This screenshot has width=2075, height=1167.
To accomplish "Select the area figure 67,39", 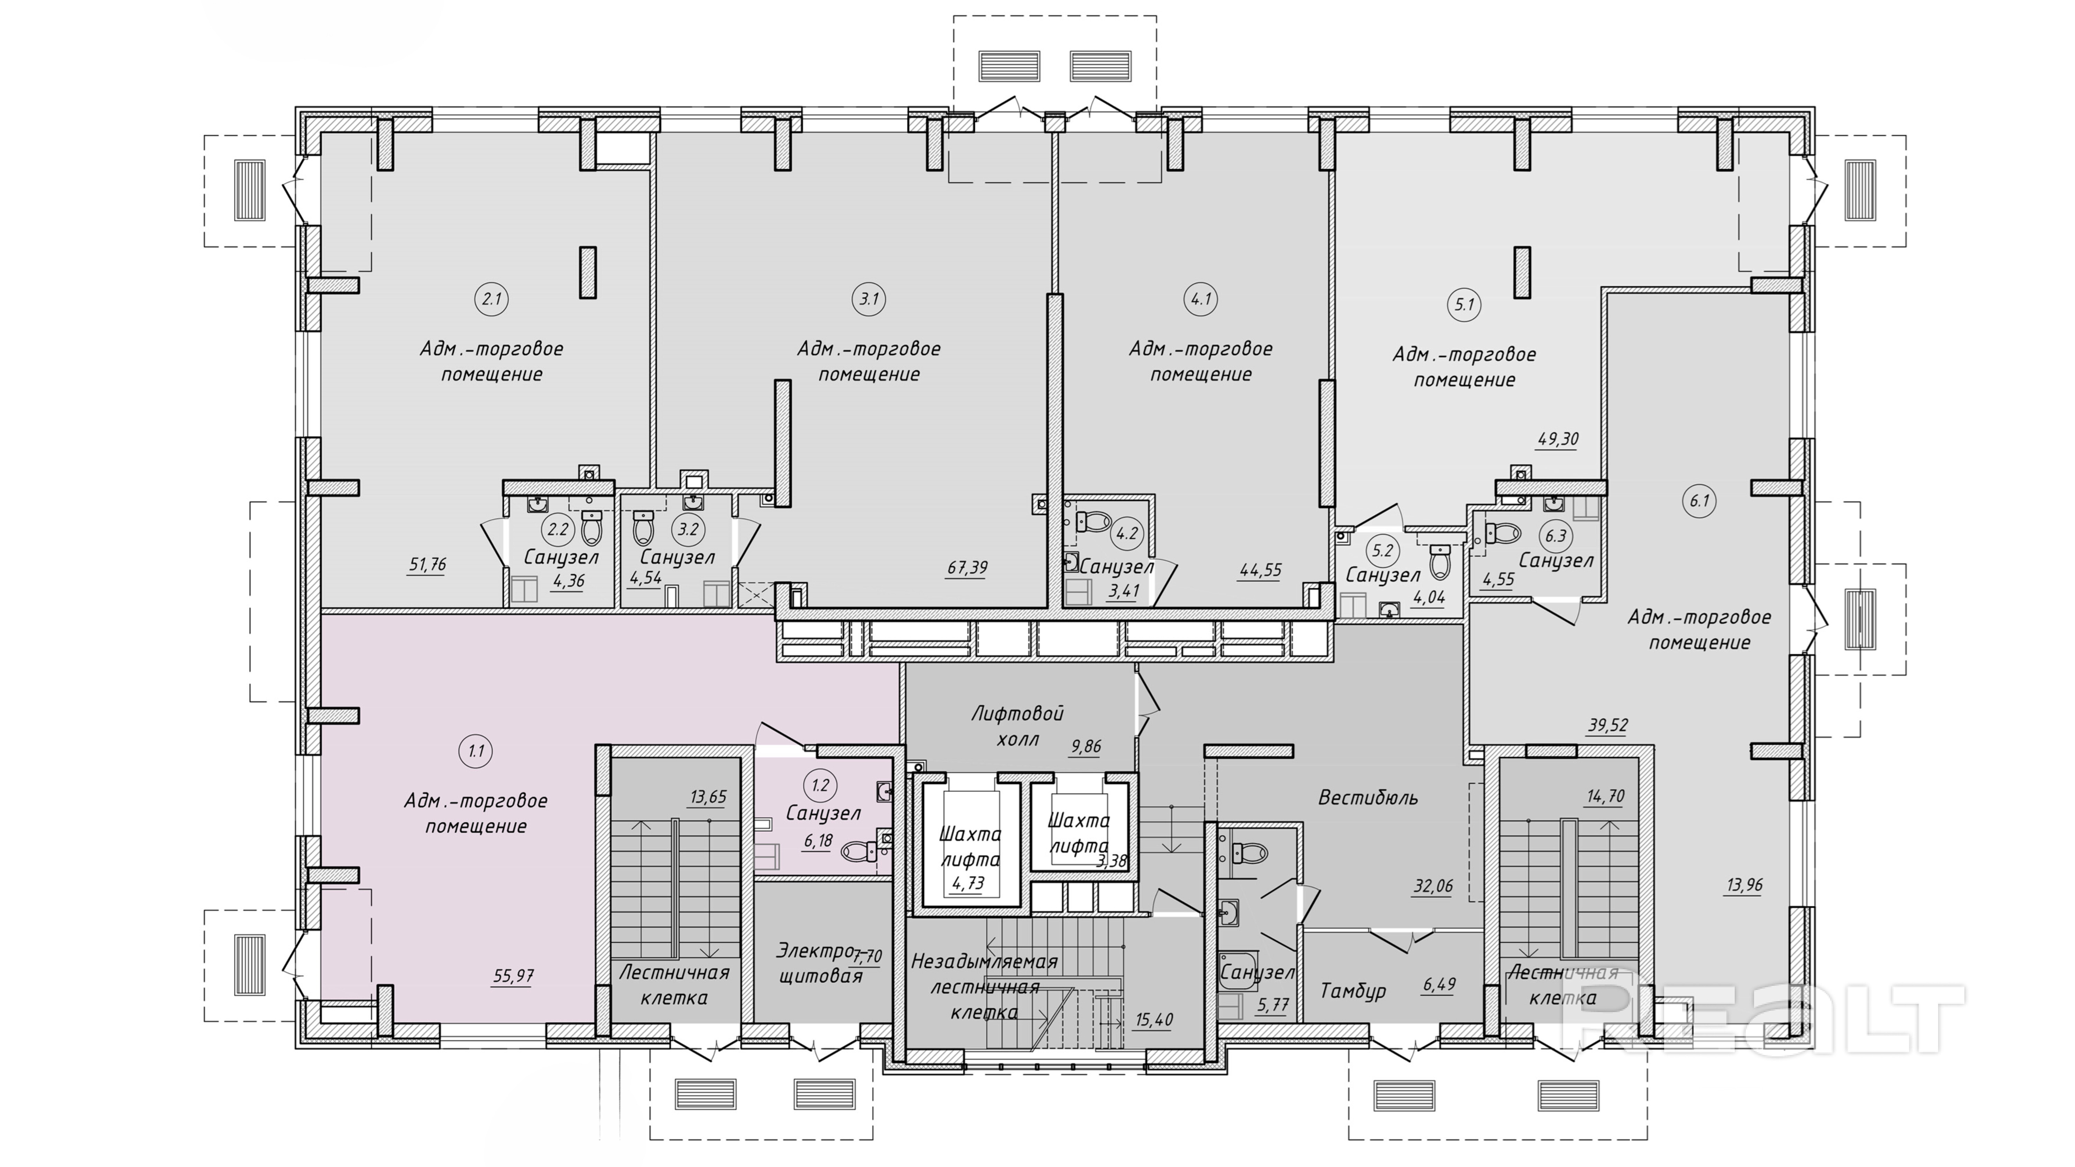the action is (967, 568).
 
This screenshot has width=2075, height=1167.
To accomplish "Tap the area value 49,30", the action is (1558, 440).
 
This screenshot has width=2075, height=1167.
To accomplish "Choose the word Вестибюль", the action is (1368, 798).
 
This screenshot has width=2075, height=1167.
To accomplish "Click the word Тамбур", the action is (1353, 991).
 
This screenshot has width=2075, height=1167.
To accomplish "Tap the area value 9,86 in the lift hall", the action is (1086, 747).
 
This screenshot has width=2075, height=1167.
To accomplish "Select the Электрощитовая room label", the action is (819, 963).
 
